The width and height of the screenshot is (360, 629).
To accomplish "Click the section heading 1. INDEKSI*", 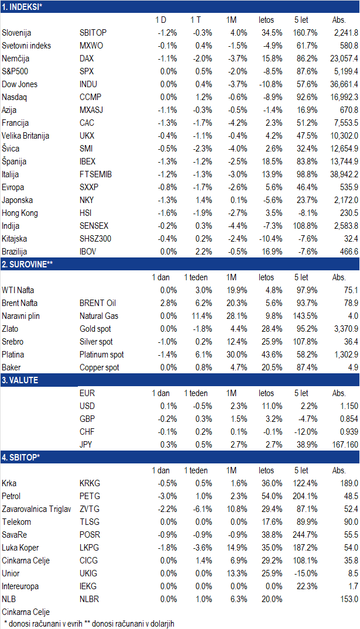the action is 22,7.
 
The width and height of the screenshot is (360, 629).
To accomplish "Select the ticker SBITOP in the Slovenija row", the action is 93,33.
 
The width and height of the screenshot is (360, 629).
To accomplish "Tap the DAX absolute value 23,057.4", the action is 344,59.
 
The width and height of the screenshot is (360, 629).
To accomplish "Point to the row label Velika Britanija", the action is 25,136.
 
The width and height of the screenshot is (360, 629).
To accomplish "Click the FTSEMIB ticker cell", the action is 95,174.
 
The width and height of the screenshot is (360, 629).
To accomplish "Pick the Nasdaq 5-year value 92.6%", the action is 306,97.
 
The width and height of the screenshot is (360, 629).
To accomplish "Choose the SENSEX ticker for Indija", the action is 94,226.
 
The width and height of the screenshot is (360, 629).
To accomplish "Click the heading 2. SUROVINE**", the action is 28,264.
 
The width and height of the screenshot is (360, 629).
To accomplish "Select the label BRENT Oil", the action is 98,303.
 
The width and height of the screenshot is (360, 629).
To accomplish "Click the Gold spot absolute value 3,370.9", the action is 346,329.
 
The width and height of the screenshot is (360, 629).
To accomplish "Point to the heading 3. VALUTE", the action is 20,380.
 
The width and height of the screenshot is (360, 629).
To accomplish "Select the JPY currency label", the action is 86,445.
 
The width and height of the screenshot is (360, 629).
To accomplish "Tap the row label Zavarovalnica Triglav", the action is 36,509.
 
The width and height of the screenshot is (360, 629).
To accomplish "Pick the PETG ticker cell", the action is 90,496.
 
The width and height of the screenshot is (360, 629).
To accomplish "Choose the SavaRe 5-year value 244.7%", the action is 305,535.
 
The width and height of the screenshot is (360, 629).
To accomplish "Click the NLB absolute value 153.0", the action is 349,599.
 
